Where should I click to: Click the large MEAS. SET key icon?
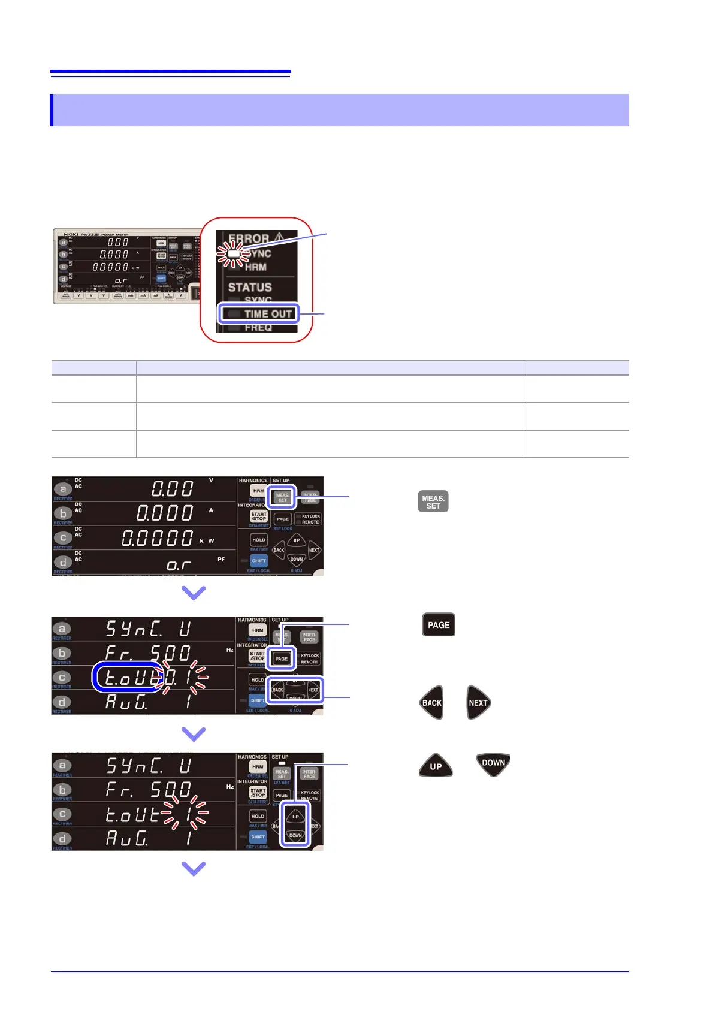pyautogui.click(x=433, y=502)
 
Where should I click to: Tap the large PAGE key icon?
pyautogui.click(x=439, y=624)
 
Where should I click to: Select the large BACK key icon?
pyautogui.click(x=431, y=702)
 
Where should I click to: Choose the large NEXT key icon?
pyautogui.click(x=478, y=702)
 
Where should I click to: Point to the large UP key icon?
pyautogui.click(x=436, y=766)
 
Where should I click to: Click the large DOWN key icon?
pyautogui.click(x=493, y=763)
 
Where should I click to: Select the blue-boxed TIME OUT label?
pyautogui.click(x=259, y=313)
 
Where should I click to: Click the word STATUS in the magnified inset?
pyautogui.click(x=250, y=288)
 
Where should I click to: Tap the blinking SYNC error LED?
pyautogui.click(x=234, y=254)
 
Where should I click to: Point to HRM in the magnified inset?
pyautogui.click(x=255, y=267)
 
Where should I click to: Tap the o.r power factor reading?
pyautogui.click(x=179, y=564)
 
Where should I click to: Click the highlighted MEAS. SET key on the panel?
pyautogui.click(x=282, y=497)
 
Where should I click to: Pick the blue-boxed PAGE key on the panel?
pyautogui.click(x=282, y=658)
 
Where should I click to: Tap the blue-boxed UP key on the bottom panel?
pyautogui.click(x=295, y=816)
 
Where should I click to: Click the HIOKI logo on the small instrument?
pyautogui.click(x=71, y=234)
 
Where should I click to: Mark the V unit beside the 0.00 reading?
pyautogui.click(x=211, y=481)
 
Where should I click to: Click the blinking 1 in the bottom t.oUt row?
pyautogui.click(x=188, y=814)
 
